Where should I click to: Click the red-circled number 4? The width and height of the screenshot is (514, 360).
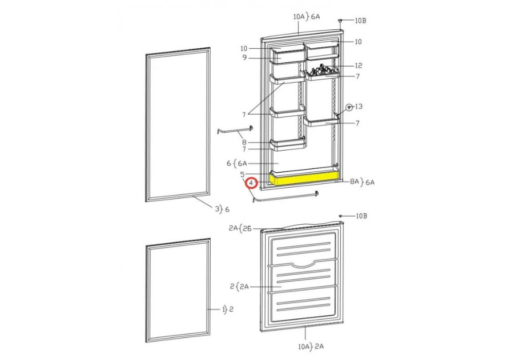point(251,183)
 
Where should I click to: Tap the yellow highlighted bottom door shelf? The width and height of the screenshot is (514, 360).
point(305,179)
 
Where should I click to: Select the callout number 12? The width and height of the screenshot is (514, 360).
point(359,66)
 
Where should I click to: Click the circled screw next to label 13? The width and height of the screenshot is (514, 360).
point(350,107)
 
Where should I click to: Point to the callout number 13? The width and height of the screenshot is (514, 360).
point(359,106)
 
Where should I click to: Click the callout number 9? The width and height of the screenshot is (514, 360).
point(245,58)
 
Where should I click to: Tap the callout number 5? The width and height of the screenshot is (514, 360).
point(242,174)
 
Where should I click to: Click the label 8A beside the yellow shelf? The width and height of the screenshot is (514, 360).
point(355,182)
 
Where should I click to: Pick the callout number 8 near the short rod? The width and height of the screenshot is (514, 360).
point(244,142)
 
